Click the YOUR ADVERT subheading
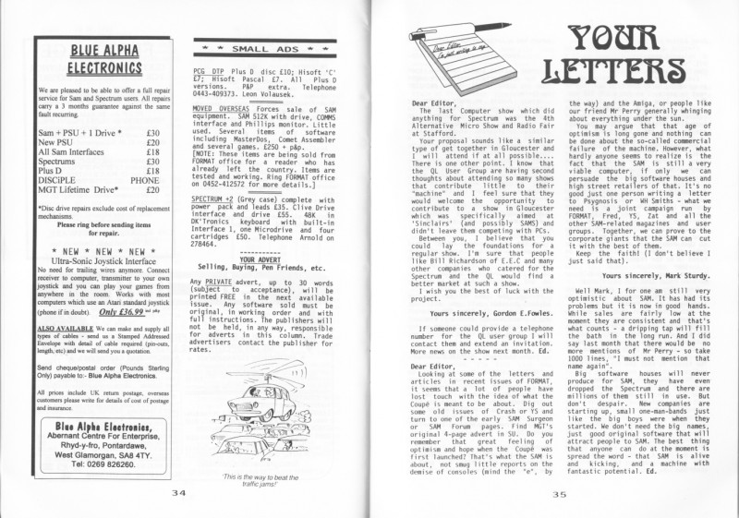(265, 259)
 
